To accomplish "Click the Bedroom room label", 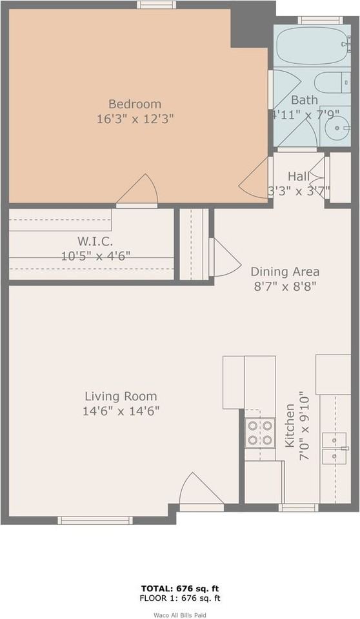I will [134, 104].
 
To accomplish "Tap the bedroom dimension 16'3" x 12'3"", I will [134, 119].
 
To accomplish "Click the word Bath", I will [304, 100].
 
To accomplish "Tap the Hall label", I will [299, 176].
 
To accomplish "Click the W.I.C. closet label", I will [95, 241].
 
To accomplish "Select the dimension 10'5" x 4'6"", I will [95, 255].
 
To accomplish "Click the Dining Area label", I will [285, 271].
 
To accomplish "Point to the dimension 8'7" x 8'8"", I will [285, 286].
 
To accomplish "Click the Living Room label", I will [121, 396].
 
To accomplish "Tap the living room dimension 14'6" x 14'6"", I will [121, 410].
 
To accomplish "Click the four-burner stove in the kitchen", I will [260, 433].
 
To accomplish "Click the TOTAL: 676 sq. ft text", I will [180, 589].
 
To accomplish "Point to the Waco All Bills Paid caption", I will [180, 614].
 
